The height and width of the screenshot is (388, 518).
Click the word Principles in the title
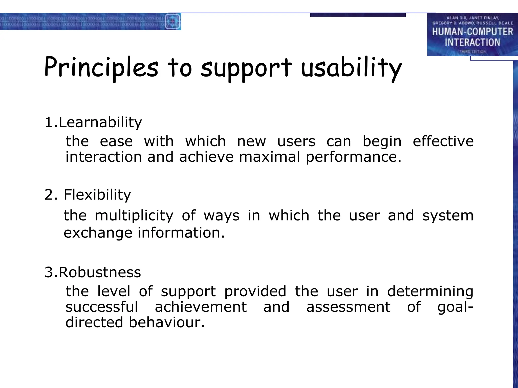(x=101, y=68)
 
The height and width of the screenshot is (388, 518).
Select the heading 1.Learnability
(x=93, y=123)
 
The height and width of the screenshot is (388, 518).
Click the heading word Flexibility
(x=97, y=195)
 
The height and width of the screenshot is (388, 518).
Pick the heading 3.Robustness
(x=93, y=272)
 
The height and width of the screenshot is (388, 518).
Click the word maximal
(x=269, y=157)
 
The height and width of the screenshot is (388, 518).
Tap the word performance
(x=353, y=157)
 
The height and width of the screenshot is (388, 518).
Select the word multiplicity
(x=134, y=216)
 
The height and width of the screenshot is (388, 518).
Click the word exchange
(x=98, y=233)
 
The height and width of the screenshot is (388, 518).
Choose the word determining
(x=430, y=291)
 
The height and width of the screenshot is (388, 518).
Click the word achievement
(x=201, y=307)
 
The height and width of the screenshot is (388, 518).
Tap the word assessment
(x=348, y=307)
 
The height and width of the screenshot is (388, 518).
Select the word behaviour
(x=166, y=323)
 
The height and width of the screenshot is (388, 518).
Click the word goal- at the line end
(x=455, y=307)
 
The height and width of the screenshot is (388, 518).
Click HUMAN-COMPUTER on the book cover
(x=472, y=32)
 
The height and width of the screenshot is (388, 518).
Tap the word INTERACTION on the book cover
(x=472, y=42)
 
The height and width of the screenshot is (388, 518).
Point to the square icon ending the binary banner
(x=173, y=21)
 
